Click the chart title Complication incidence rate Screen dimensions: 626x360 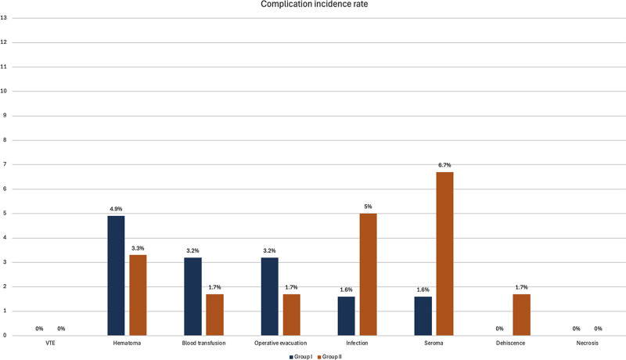[315, 5]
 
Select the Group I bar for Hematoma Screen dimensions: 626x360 [116, 275]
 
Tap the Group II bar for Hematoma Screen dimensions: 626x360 [138, 295]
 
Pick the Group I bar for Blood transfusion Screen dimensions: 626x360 [192, 297]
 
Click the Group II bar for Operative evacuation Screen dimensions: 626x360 [291, 315]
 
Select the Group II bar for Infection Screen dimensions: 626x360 [368, 274]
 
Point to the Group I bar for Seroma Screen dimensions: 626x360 [423, 315]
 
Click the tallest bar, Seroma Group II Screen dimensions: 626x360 [444, 254]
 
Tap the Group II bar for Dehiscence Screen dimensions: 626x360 [521, 315]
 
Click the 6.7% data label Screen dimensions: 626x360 [444, 165]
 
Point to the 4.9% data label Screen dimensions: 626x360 [116, 209]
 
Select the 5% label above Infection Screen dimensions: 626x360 [368, 207]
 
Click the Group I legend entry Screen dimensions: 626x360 [300, 356]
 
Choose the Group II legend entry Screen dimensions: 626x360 [329, 356]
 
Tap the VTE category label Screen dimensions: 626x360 [50, 343]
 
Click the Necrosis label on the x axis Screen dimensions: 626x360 [588, 343]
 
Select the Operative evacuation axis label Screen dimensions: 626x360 [281, 343]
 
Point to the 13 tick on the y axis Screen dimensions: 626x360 [4, 18]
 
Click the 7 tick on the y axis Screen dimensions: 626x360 [5, 164]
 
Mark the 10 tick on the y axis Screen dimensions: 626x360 [4, 91]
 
